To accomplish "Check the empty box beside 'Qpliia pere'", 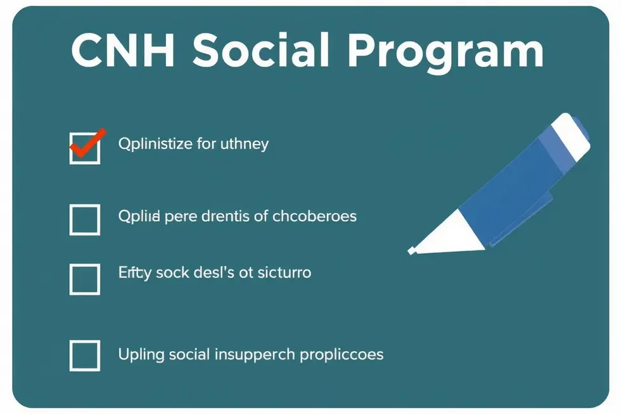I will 84,220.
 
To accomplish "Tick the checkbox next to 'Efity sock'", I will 84,280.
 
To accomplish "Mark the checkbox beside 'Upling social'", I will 84,355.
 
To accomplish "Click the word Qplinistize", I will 155,144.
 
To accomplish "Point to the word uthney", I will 244,144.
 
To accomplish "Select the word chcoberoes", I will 314,216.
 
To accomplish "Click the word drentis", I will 225,216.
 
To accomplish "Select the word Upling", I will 141,354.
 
